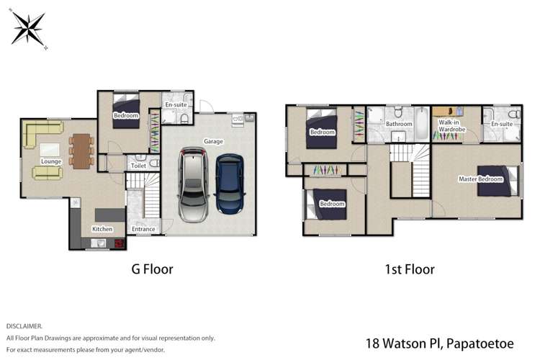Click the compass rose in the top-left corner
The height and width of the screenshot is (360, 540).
(x=29, y=30)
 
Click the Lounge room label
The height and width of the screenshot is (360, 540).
(x=51, y=162)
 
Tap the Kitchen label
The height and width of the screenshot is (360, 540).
(x=102, y=229)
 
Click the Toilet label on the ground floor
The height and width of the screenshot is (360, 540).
(x=138, y=166)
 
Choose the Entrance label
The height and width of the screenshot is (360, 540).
(x=143, y=229)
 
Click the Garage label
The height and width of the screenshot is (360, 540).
(x=212, y=142)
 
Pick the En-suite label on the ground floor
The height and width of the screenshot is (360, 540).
(x=176, y=105)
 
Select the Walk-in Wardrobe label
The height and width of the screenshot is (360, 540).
(x=451, y=127)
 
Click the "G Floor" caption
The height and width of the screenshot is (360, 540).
(x=151, y=270)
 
